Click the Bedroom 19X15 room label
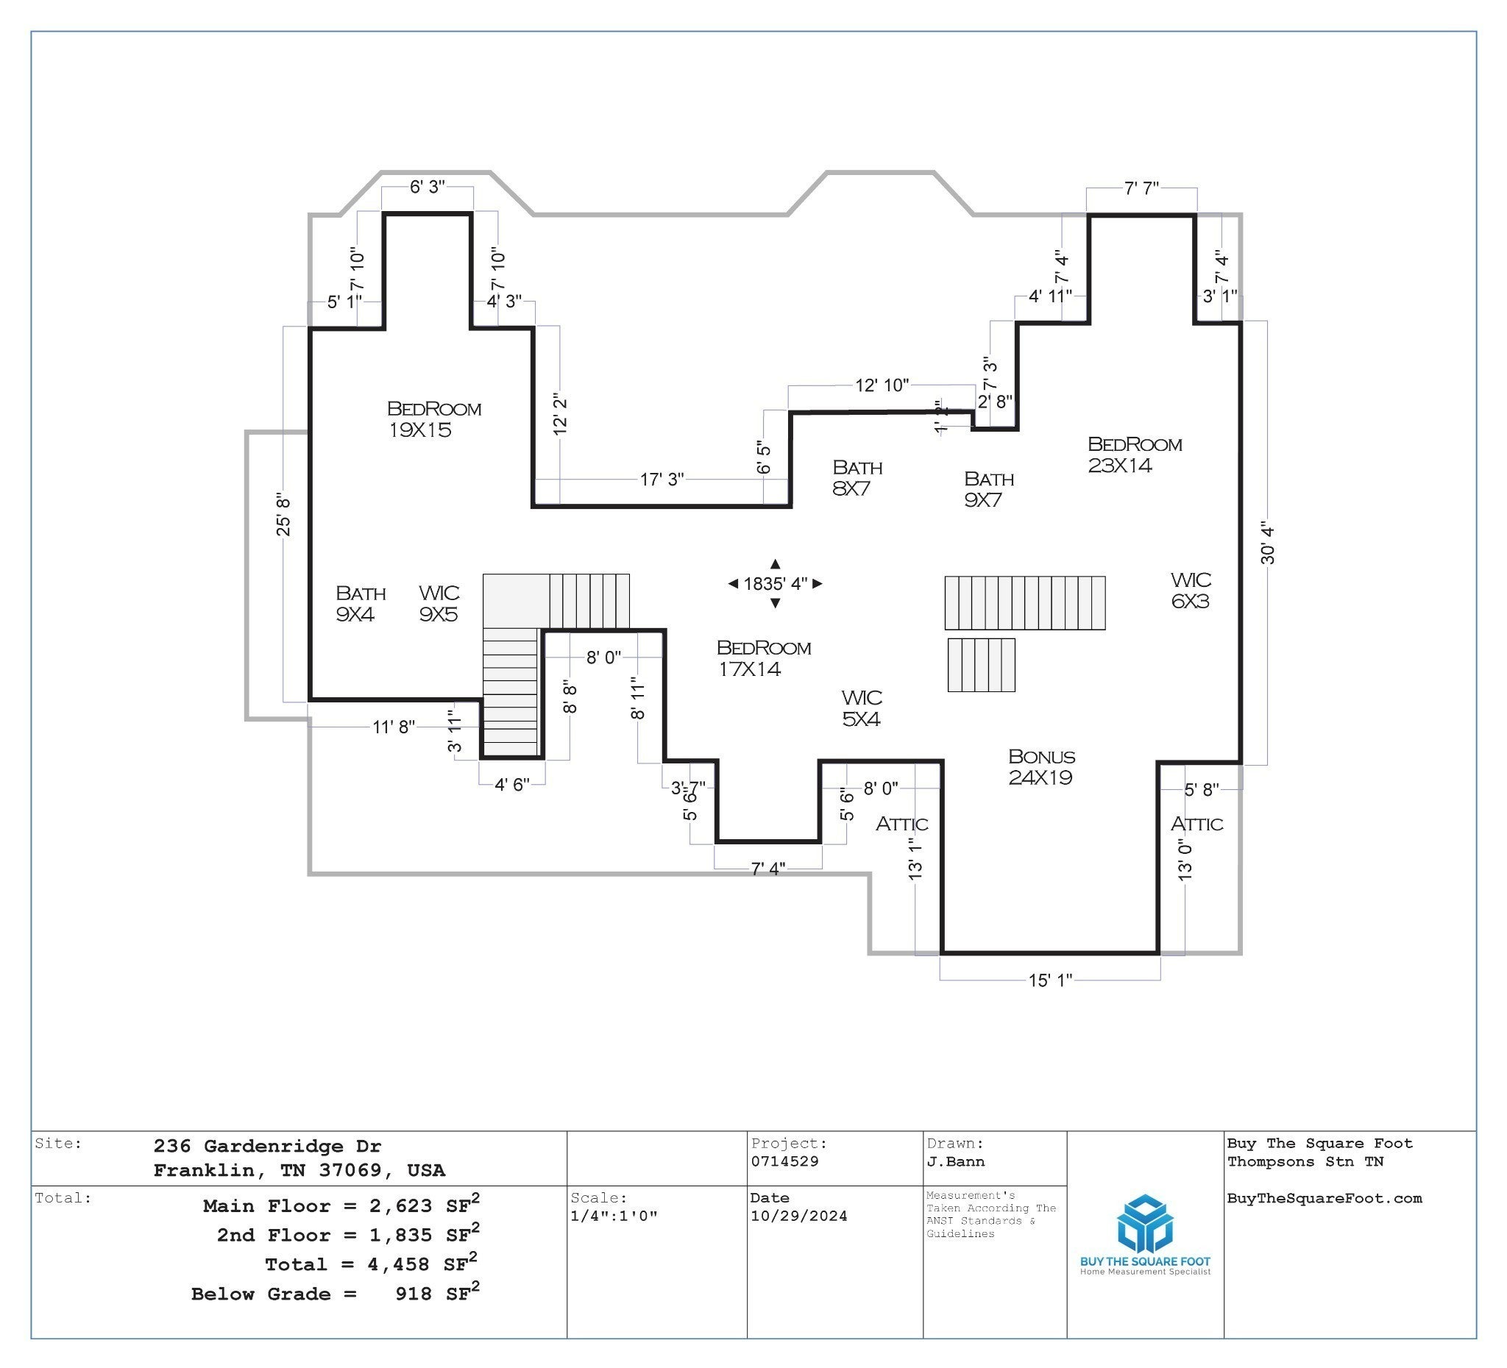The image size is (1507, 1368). (434, 419)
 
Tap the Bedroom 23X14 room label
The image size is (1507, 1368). (1135, 455)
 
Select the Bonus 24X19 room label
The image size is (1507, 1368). (1041, 767)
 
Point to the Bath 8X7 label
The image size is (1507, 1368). (857, 478)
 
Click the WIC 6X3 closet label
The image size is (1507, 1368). (1191, 591)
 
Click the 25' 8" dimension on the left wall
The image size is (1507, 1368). (283, 515)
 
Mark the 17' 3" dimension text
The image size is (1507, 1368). (662, 479)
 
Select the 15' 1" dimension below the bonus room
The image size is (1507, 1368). (1050, 980)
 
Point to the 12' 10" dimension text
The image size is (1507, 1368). (882, 385)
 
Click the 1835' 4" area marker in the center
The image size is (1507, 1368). (775, 583)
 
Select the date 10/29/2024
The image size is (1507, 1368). (799, 1216)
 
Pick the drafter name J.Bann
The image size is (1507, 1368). (956, 1162)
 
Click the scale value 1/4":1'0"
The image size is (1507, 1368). (614, 1216)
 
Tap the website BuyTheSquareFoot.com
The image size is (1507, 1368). (1325, 1198)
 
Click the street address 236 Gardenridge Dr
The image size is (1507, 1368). (268, 1146)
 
